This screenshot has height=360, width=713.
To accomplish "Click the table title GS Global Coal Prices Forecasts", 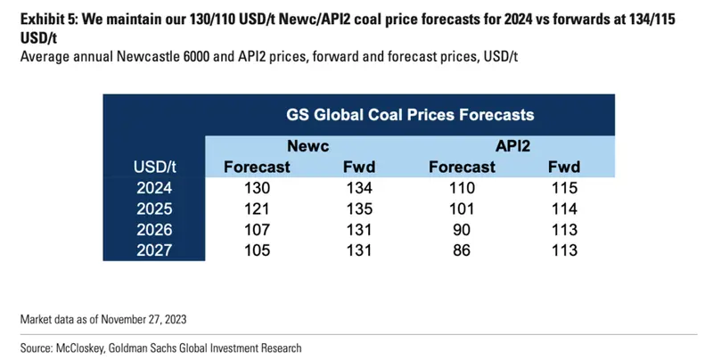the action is pos(410,115).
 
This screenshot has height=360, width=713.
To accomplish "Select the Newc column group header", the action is pos(307,146).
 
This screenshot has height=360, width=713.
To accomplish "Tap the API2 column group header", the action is pos(513,146).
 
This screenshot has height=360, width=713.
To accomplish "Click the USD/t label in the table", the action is pos(154,167).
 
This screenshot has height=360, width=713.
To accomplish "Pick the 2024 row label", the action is pos(154,188).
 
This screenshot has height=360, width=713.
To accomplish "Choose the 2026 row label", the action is pos(154,230).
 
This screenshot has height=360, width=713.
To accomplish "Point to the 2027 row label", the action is pos(154,250).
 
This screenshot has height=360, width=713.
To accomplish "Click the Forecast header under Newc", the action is pos(257,167).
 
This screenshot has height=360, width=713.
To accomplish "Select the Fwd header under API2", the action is pos(564,167).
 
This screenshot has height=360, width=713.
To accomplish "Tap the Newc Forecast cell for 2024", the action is pos(257,188).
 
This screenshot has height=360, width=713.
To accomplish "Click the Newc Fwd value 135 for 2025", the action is pos(359,209).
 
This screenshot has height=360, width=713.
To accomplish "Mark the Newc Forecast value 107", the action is pos(257,230).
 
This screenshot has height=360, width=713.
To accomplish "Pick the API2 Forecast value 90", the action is pos(462,230).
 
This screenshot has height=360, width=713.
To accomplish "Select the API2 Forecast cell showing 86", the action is pos(462,250).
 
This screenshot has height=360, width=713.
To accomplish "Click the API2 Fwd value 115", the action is pos(564,188).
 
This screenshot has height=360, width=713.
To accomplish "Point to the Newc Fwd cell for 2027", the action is pos(359,250).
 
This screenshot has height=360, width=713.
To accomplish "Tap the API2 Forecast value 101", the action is pos(462,209).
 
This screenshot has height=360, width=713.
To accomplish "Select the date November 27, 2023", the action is pos(143,319).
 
